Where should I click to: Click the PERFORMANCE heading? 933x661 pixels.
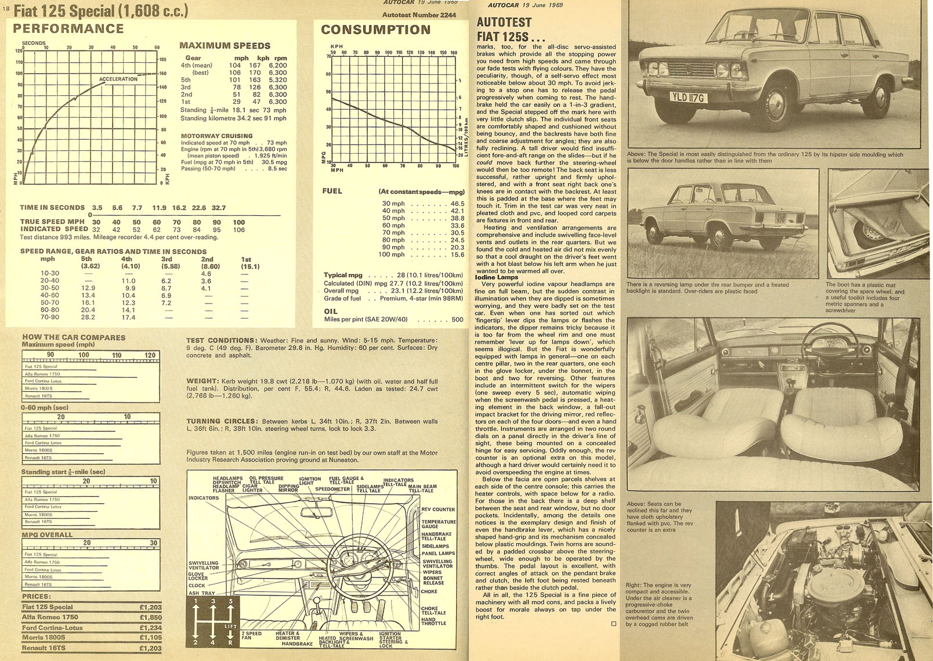(x=68, y=28)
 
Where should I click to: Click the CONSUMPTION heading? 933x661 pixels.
(x=375, y=30)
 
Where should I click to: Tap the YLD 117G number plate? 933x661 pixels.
(x=689, y=97)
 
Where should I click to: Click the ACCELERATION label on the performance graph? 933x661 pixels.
(x=118, y=79)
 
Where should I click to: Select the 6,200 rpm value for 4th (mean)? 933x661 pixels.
(x=277, y=66)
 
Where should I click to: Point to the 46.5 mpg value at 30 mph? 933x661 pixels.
(x=457, y=204)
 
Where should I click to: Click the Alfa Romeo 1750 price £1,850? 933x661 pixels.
(x=150, y=617)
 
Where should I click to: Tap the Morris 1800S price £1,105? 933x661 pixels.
(x=150, y=637)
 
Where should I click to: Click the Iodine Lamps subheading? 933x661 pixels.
(x=497, y=277)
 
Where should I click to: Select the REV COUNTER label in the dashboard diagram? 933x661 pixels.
(x=438, y=510)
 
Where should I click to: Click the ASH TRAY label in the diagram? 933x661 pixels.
(x=201, y=593)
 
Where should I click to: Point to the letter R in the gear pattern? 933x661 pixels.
(x=230, y=642)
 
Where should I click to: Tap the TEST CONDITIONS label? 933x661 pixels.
(x=221, y=341)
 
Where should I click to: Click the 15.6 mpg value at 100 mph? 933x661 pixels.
(x=457, y=254)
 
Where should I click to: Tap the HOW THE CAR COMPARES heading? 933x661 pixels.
(x=74, y=337)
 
